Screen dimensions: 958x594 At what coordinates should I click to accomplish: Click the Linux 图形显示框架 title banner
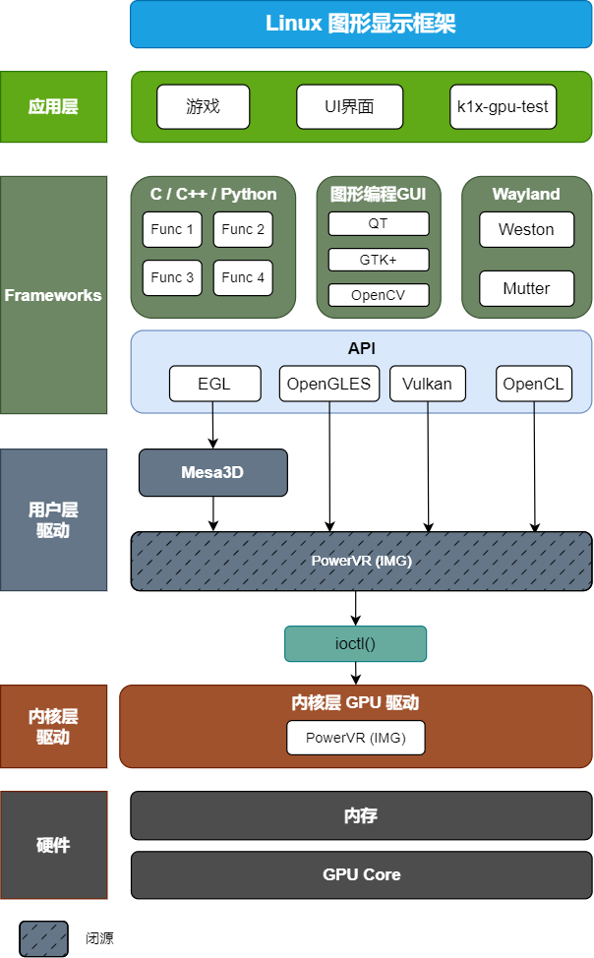pos(361,25)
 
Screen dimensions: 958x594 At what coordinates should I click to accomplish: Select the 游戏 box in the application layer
pos(204,106)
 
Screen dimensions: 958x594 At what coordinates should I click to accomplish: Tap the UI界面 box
pos(349,106)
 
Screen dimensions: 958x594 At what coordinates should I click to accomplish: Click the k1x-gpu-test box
pos(503,106)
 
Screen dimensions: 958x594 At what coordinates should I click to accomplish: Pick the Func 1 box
pos(172,229)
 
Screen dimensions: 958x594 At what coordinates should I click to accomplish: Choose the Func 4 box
pos(243,277)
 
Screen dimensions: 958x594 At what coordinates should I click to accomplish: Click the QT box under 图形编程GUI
pos(379,223)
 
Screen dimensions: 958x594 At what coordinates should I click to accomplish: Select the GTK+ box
pos(379,260)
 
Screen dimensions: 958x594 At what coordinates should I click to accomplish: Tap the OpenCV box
pos(379,295)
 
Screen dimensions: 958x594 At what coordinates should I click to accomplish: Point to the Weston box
pos(526,229)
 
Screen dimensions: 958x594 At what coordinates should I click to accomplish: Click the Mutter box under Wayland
pos(526,288)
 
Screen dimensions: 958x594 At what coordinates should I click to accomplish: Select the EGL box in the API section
pos(214,384)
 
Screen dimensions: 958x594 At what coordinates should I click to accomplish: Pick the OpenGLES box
pos(328,384)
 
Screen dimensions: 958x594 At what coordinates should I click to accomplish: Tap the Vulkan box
pos(427,384)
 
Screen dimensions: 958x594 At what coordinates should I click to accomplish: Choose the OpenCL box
pos(533,384)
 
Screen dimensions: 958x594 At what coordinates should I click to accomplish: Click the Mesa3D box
pos(212,472)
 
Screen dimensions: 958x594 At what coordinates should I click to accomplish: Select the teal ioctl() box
pos(356,644)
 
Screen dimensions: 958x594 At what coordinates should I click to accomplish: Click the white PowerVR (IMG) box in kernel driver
pos(356,738)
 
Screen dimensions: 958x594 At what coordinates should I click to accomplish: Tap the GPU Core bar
pos(361,874)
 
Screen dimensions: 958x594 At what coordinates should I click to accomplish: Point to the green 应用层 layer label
pos(53,106)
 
